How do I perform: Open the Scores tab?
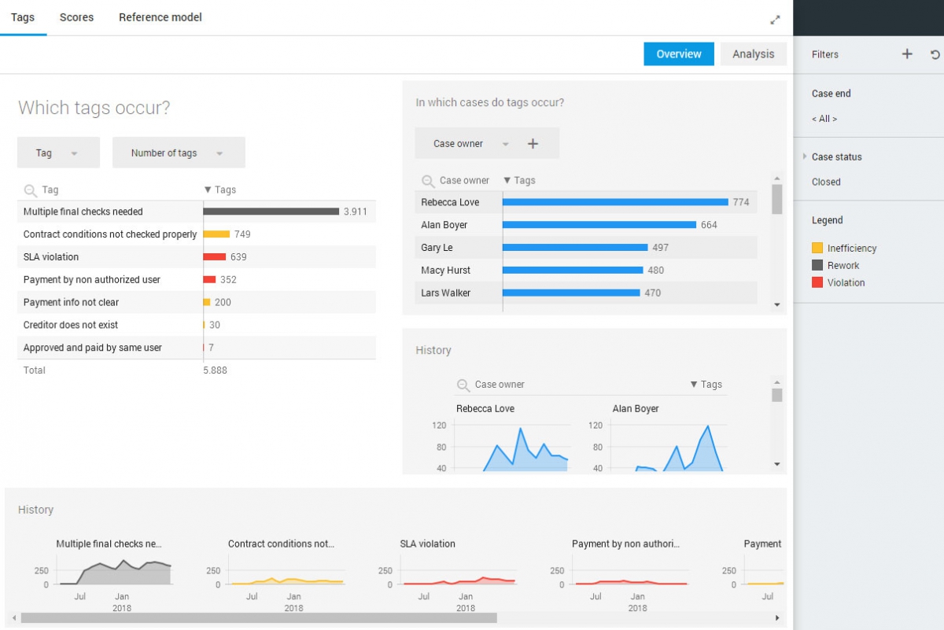point(76,17)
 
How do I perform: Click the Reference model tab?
point(160,17)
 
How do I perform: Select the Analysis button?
point(753,54)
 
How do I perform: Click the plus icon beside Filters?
point(907,54)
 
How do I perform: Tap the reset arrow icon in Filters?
point(935,54)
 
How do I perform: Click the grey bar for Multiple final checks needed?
point(271,212)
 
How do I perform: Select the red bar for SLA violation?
point(215,257)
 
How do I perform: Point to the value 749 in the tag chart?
point(242,234)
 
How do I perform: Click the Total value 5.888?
point(215,370)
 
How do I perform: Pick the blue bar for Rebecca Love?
point(615,202)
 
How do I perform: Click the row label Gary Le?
point(437,248)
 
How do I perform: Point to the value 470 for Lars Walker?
point(653,293)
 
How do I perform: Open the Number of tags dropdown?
point(179,153)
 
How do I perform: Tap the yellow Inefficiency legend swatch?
point(817,249)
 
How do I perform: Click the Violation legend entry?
point(846,283)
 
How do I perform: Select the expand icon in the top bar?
point(775,20)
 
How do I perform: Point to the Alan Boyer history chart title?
point(636,409)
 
